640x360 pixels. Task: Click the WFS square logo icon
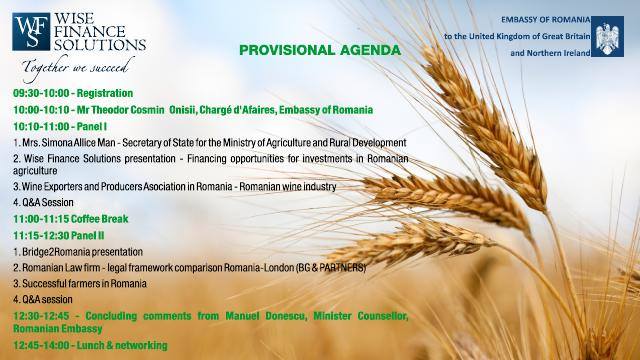[x=31, y=31]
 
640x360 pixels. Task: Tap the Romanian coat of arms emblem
[x=607, y=36]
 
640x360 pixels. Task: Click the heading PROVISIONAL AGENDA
[x=320, y=50]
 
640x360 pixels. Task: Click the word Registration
[x=105, y=93]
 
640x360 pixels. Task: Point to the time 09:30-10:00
[x=41, y=93]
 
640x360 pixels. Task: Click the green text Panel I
[x=92, y=127]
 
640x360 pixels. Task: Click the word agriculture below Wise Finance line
[x=35, y=171]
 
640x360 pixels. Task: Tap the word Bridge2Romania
[x=50, y=252]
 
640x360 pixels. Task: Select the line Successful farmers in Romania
[x=80, y=284]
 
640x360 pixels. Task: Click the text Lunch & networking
[x=122, y=345]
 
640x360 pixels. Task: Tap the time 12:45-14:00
[x=41, y=345]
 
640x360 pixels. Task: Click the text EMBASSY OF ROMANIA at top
[x=546, y=20]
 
